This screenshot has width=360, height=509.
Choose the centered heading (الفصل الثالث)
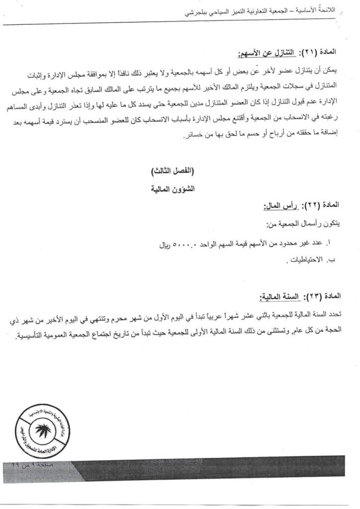point(180,170)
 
